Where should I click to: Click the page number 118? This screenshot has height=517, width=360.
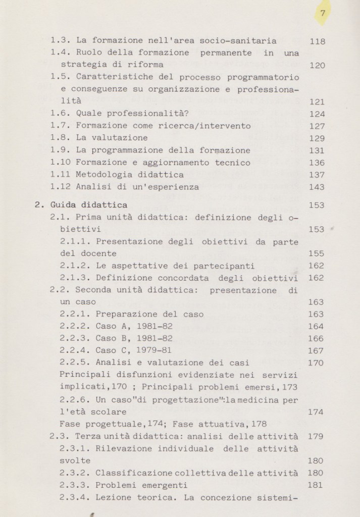pos(317,41)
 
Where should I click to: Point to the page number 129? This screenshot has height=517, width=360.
pos(317,138)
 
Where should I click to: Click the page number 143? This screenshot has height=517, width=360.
pos(317,187)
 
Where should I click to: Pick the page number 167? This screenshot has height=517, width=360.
pos(316,350)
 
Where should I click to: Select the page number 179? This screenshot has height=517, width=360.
pos(316,436)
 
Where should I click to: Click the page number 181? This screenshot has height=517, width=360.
pos(316,485)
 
